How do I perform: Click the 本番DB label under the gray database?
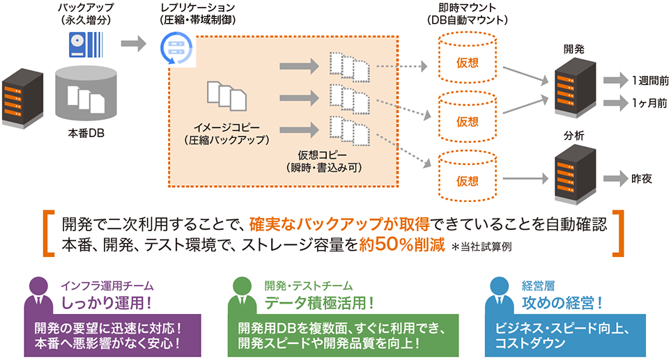[x=86, y=132]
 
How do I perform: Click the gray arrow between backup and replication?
[x=133, y=45]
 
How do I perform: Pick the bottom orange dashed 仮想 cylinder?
[x=467, y=180]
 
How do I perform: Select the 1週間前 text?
[x=650, y=79]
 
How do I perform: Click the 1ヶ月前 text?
[x=650, y=103]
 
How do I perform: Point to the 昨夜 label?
[x=642, y=178]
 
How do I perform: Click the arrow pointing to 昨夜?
[x=615, y=178]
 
